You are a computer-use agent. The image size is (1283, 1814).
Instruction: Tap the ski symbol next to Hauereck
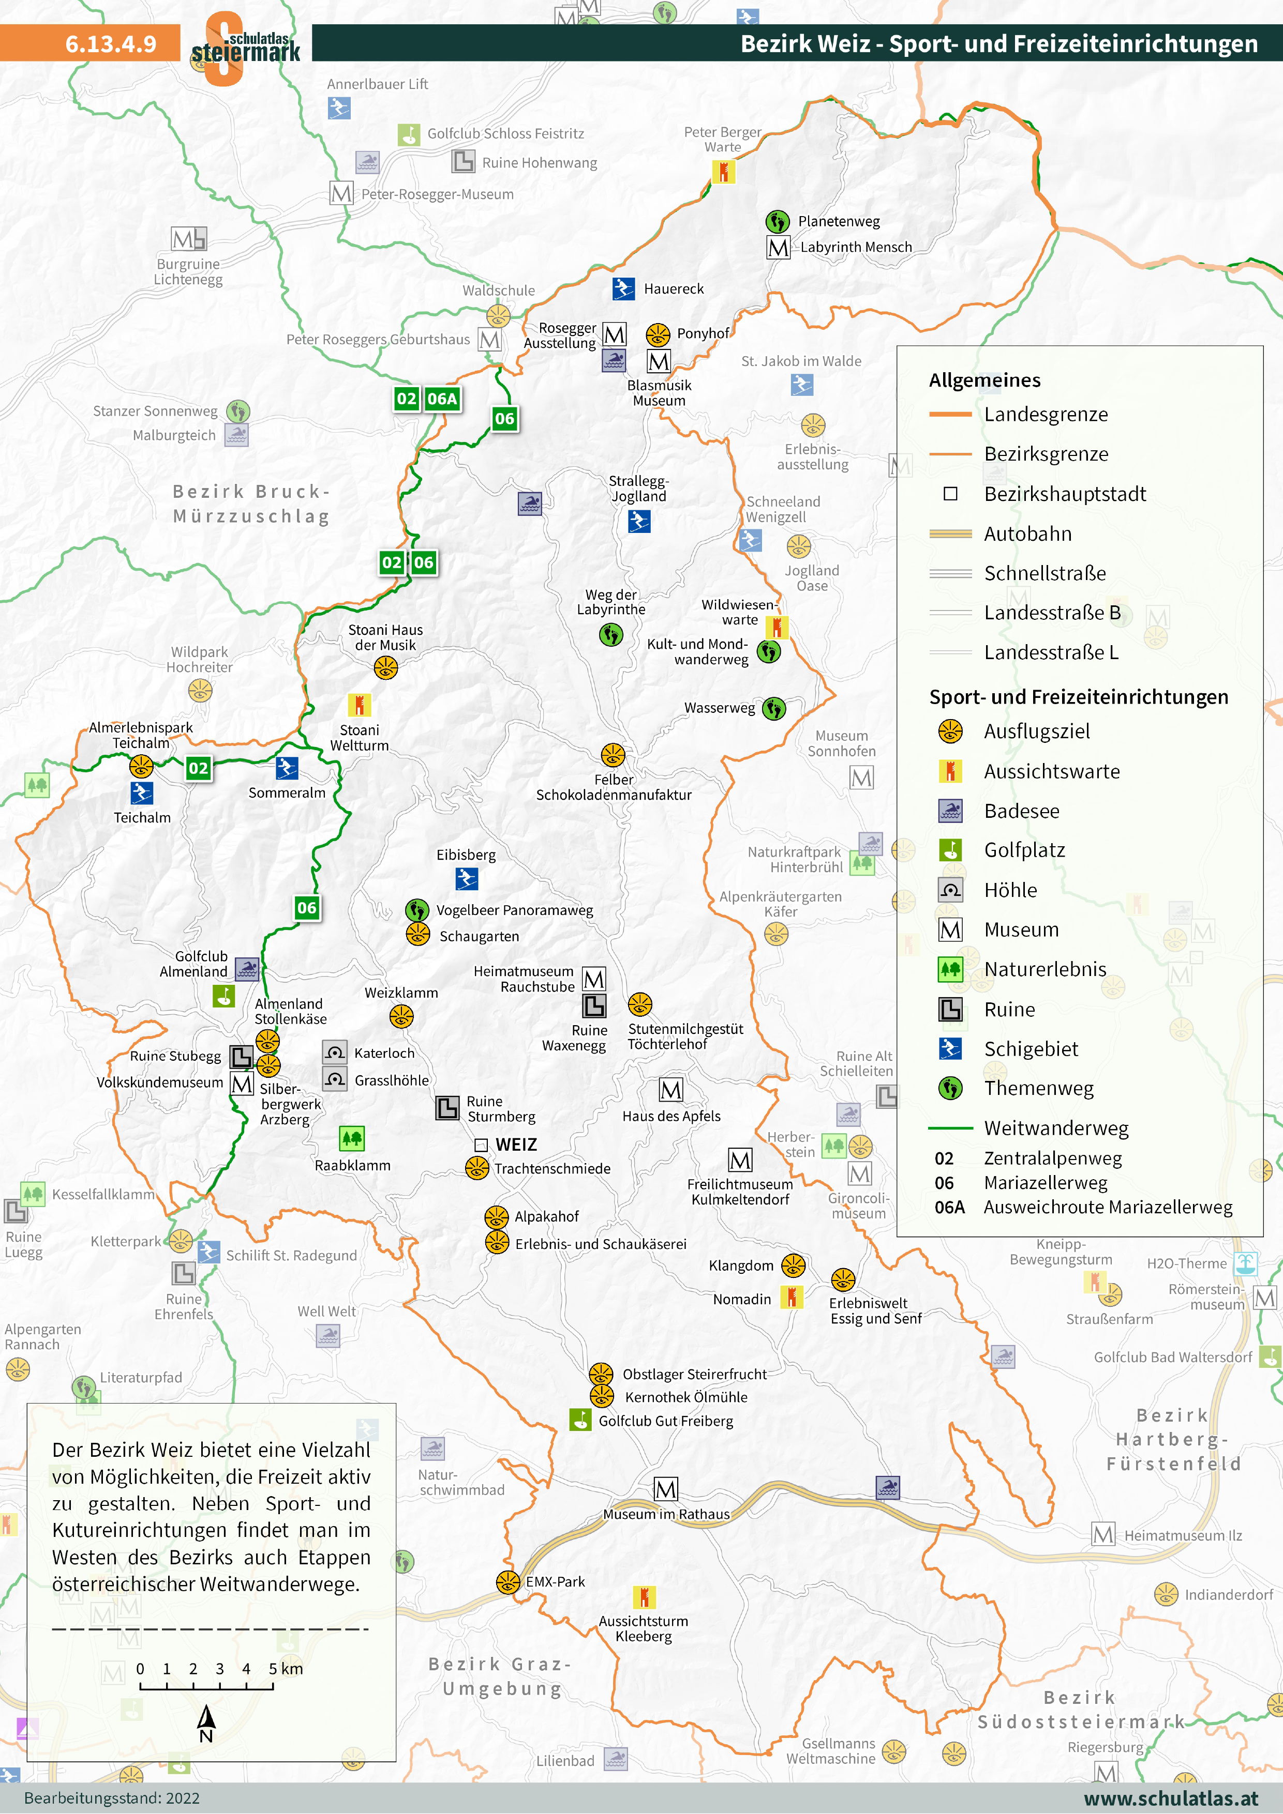pyautogui.click(x=623, y=289)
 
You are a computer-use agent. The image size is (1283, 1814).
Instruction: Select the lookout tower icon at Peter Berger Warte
pyautogui.click(x=723, y=172)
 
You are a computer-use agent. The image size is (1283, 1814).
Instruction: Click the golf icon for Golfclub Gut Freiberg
pyautogui.click(x=581, y=1420)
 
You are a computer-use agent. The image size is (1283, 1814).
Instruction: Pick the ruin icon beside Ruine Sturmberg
pyautogui.click(x=447, y=1108)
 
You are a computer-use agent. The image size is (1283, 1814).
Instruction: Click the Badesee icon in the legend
pyautogui.click(x=950, y=811)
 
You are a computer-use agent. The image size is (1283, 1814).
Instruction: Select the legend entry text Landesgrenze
pyautogui.click(x=1045, y=414)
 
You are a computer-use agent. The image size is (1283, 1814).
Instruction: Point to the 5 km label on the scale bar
pyautogui.click(x=286, y=1669)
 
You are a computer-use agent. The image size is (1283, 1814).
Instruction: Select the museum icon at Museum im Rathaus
pyautogui.click(x=666, y=1489)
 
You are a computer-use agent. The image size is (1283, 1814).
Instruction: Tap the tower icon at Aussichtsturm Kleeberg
pyautogui.click(x=644, y=1597)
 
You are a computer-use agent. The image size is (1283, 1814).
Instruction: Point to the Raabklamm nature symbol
pyautogui.click(x=352, y=1138)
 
